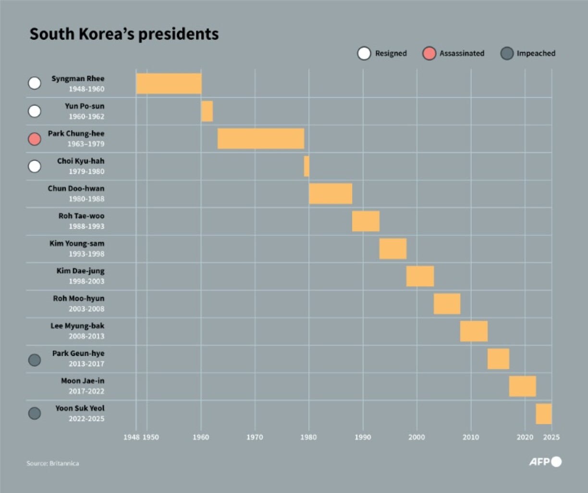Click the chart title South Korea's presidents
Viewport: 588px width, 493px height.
pyautogui.click(x=124, y=34)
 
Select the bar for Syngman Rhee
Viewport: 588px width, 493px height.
pyautogui.click(x=169, y=84)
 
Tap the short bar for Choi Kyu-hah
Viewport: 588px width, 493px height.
pyautogui.click(x=306, y=166)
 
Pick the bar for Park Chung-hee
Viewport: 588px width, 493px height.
pyautogui.click(x=260, y=139)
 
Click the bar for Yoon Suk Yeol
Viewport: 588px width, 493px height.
pyautogui.click(x=543, y=414)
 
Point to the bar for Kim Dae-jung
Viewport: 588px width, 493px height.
pyautogui.click(x=420, y=276)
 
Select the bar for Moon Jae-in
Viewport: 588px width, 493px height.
pyautogui.click(x=522, y=386)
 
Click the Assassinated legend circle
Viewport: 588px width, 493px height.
pyautogui.click(x=429, y=53)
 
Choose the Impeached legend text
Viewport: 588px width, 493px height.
pyautogui.click(x=536, y=53)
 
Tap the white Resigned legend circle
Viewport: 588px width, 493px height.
pyautogui.click(x=364, y=53)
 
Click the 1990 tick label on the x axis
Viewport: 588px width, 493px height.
pyautogui.click(x=363, y=437)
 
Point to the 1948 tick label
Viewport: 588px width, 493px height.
pyautogui.click(x=131, y=437)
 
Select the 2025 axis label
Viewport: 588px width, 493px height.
pyautogui.click(x=551, y=437)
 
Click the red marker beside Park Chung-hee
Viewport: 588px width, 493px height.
pyautogui.click(x=35, y=139)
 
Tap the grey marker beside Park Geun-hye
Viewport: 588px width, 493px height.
pyautogui.click(x=35, y=359)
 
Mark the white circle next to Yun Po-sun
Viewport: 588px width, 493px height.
pyautogui.click(x=35, y=111)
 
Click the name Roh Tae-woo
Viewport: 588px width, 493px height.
pyautogui.click(x=81, y=216)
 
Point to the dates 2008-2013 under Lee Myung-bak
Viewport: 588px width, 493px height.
pyautogui.click(x=86, y=336)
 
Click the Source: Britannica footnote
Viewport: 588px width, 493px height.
pyautogui.click(x=53, y=463)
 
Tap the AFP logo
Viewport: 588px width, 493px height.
pyautogui.click(x=545, y=462)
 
